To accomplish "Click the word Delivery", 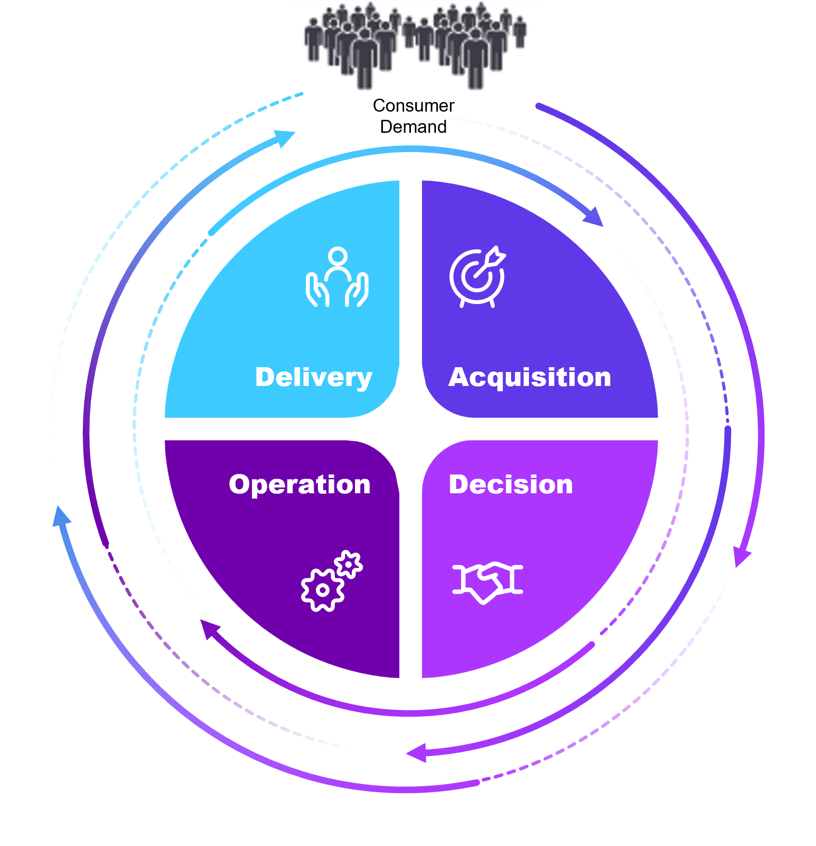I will pyautogui.click(x=314, y=377).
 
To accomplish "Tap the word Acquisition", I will pyautogui.click(x=530, y=377).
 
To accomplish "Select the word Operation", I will pyautogui.click(x=300, y=485).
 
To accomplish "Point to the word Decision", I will pyautogui.click(x=511, y=485).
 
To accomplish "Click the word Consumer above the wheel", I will pyautogui.click(x=413, y=105).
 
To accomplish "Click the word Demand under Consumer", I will pyautogui.click(x=413, y=127).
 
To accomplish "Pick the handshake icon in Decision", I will pyautogui.click(x=487, y=581).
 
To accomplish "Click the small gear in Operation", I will pyautogui.click(x=348, y=564).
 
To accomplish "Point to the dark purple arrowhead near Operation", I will pyautogui.click(x=208, y=628).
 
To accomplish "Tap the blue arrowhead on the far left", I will pyautogui.click(x=61, y=516).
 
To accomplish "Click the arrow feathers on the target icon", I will pyautogui.click(x=497, y=255).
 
